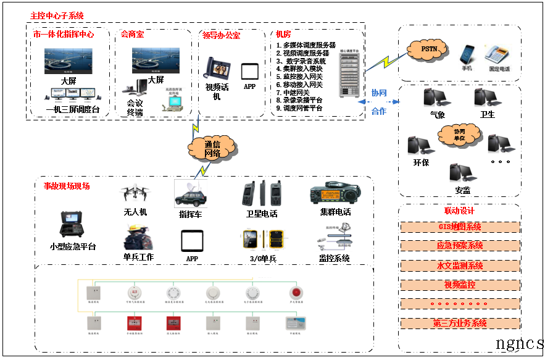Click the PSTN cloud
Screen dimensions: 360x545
[428, 48]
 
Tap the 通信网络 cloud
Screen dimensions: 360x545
[212, 148]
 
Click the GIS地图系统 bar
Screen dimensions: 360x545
[459, 227]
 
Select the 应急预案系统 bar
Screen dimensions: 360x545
[459, 246]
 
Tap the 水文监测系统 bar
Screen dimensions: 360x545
[459, 266]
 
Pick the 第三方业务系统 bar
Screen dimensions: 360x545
[459, 323]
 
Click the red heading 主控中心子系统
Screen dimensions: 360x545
[57, 15]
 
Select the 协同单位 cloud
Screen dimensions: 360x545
[459, 135]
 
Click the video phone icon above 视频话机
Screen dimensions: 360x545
[217, 69]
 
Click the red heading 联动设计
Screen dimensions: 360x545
[459, 211]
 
